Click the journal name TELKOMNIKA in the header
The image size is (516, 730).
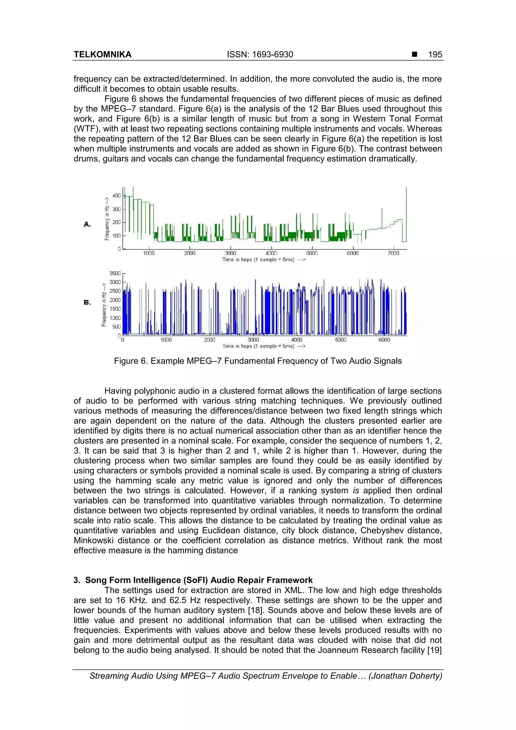point(102,55)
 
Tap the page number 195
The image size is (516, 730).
point(435,55)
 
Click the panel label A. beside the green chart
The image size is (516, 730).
point(87,225)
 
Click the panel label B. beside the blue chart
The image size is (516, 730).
point(87,302)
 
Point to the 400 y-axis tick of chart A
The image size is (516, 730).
point(116,196)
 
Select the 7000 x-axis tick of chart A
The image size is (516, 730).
point(393,253)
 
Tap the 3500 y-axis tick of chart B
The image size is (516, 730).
point(115,273)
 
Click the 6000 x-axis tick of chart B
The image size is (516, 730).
point(384,340)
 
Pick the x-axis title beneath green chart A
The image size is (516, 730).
point(264,260)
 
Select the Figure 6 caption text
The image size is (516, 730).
point(258,361)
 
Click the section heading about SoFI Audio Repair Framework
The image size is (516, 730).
point(193,580)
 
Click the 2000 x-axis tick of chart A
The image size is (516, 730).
point(189,253)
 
